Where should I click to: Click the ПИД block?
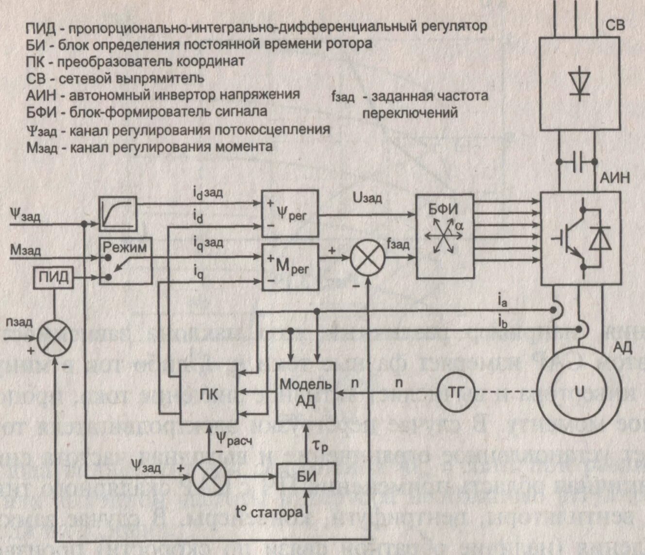pos(54,278)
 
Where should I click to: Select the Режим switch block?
pos(125,261)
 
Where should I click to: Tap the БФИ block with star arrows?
pos(445,236)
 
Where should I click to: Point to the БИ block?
pos(306,476)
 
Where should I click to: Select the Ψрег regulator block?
pos(290,213)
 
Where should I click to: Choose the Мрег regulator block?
pos(290,267)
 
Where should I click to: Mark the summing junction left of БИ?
pos(210,476)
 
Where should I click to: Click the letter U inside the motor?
pos(579,391)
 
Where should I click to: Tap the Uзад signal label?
pos(367,197)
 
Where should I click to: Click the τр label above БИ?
pos(319,445)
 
